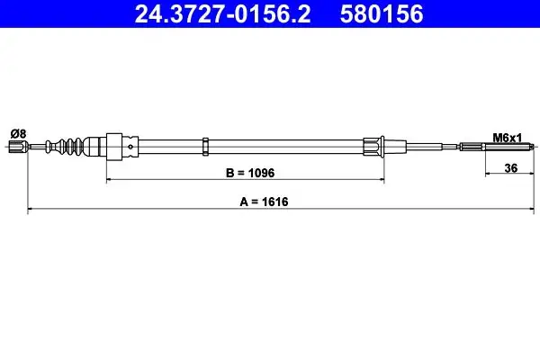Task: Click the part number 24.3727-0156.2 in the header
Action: click(222, 13)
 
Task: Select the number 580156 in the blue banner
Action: click(382, 13)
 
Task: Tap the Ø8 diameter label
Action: click(18, 133)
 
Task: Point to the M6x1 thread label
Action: click(508, 138)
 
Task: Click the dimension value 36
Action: click(510, 168)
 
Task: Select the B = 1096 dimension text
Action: click(250, 173)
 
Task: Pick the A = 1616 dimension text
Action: click(264, 202)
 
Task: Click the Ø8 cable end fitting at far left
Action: click(18, 147)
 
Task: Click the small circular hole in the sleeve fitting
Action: click(130, 147)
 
